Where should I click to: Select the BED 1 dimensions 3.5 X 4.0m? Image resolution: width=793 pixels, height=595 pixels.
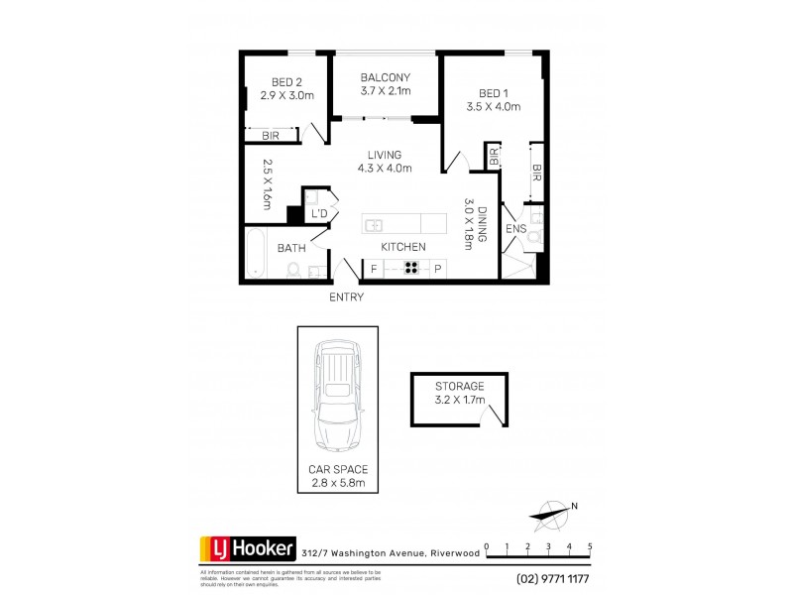tap(494, 106)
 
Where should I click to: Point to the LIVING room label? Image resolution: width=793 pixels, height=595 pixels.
tap(385, 155)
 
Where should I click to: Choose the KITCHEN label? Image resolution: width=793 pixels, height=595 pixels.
tap(404, 246)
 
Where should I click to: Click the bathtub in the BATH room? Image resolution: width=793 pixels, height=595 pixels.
tap(255, 254)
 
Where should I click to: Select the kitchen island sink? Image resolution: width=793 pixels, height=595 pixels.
tap(375, 224)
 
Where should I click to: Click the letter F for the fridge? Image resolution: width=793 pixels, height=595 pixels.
tap(375, 268)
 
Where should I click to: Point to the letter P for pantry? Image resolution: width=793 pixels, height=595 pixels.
tap(437, 268)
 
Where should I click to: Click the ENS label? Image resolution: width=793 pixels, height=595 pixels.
tap(515, 229)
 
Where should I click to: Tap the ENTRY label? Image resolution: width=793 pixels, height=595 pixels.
tap(346, 297)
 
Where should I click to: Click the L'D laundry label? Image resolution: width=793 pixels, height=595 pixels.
tap(319, 214)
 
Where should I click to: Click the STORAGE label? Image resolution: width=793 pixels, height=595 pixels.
tap(459, 386)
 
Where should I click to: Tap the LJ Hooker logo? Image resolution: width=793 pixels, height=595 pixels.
tap(239, 547)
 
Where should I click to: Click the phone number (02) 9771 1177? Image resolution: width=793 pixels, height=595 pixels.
tap(553, 578)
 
